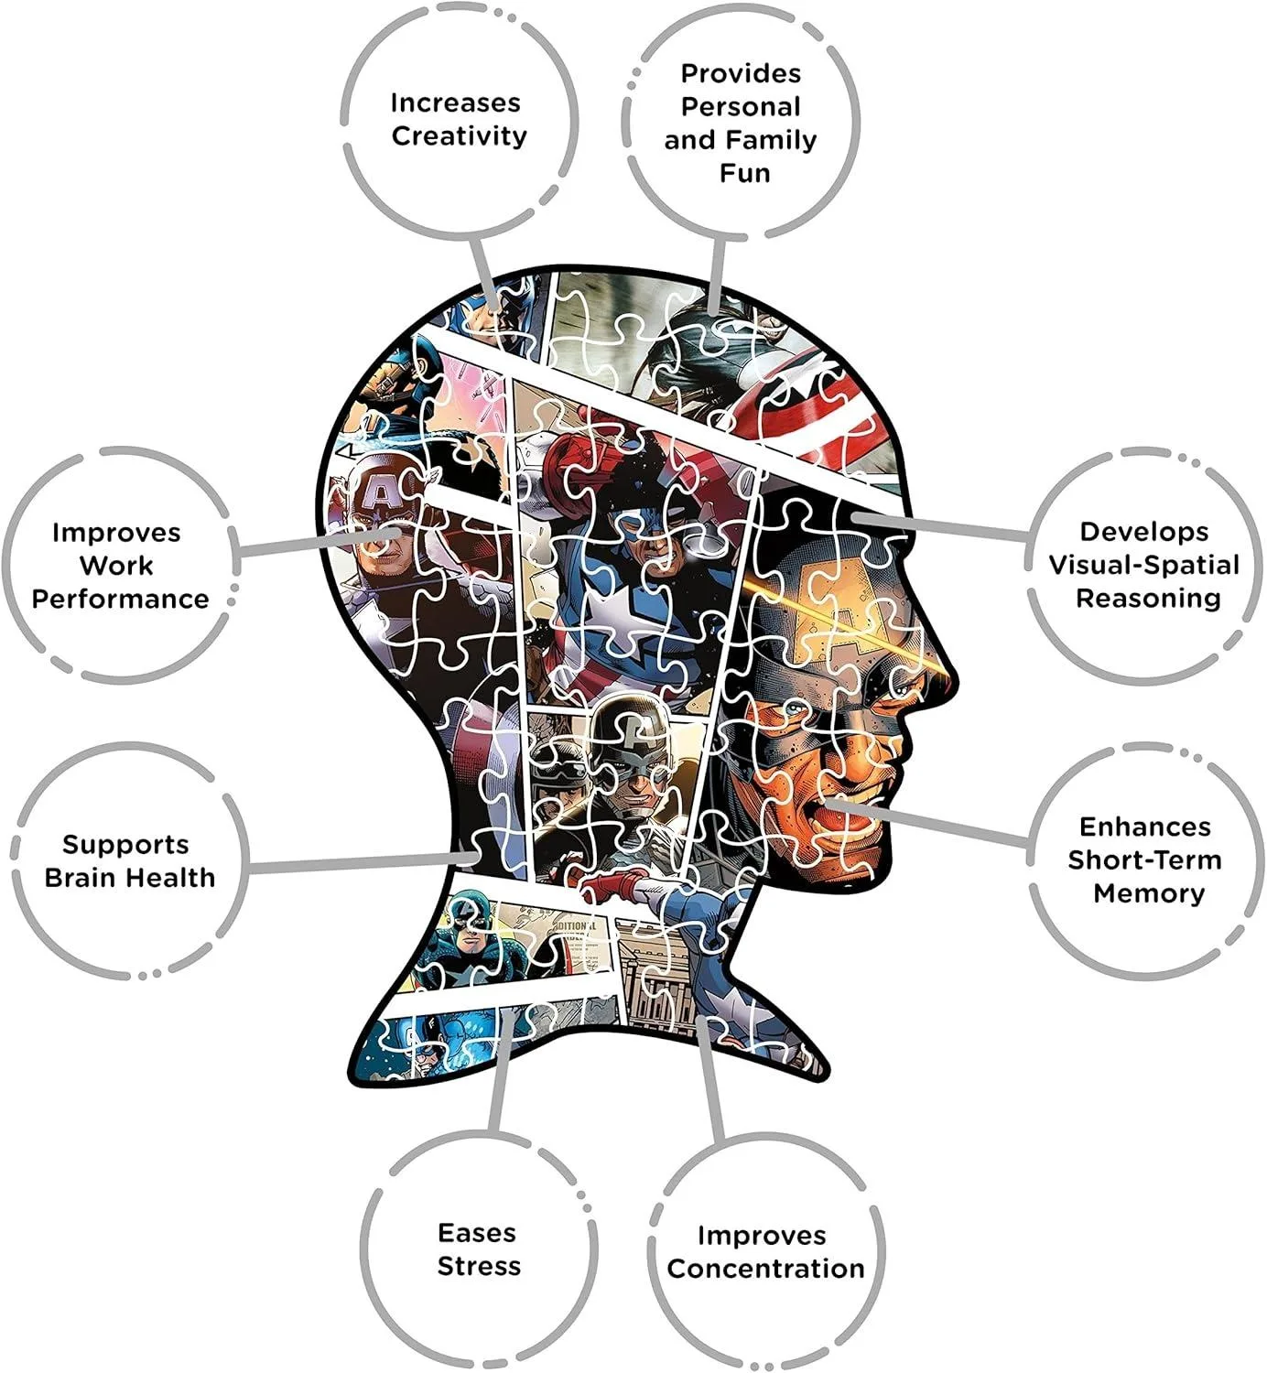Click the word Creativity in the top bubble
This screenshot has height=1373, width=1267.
click(460, 136)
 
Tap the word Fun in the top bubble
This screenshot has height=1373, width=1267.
click(744, 173)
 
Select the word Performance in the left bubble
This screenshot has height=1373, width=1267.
click(120, 600)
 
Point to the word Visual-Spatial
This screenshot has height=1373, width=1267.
click(1143, 566)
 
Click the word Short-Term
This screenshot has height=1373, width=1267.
click(1144, 860)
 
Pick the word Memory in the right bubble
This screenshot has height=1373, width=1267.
click(1149, 893)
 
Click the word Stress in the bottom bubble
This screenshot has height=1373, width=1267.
click(479, 1267)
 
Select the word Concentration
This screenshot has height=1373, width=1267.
click(765, 1269)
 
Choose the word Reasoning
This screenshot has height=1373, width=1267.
click(1148, 599)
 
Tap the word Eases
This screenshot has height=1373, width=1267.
click(477, 1233)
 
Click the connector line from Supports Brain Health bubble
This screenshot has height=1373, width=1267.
click(357, 863)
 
